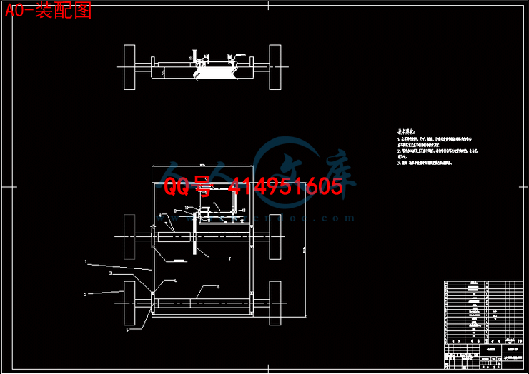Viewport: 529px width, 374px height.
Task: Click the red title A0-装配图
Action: [x=49, y=11]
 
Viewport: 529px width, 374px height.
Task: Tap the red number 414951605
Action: [x=285, y=188]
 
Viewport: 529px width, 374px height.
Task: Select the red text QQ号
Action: [x=189, y=188]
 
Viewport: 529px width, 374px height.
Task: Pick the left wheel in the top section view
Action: [x=129, y=67]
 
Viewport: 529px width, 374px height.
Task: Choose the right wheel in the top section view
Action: [x=275, y=67]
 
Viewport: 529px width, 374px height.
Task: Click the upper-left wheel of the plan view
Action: [x=129, y=236]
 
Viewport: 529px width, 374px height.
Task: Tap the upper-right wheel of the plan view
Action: [x=275, y=236]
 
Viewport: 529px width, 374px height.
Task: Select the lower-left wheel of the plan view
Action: [x=129, y=303]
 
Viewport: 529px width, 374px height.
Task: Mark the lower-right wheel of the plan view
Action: [x=275, y=303]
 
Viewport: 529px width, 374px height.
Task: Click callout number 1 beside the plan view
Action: [x=86, y=262]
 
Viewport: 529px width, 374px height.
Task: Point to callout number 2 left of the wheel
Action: [x=85, y=294]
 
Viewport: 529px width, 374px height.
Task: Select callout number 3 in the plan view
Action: [x=110, y=273]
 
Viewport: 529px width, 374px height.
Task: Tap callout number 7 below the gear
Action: [x=229, y=258]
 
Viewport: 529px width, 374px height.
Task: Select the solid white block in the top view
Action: [x=217, y=71]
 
